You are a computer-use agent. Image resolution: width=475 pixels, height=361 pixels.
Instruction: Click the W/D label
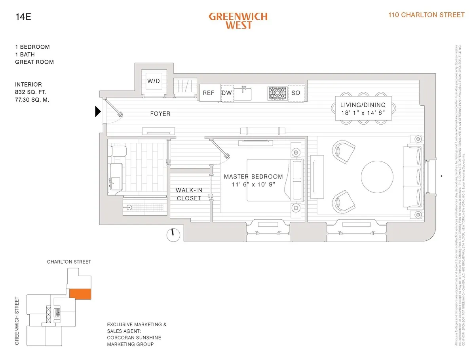154,81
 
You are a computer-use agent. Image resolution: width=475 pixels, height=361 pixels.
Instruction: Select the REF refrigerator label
209,93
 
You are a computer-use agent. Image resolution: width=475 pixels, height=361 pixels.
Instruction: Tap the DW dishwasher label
227,93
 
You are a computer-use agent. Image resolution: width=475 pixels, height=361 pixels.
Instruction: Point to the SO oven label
296,93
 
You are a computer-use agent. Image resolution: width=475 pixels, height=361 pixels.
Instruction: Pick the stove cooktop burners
277,93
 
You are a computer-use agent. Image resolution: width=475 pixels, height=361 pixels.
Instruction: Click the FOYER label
160,114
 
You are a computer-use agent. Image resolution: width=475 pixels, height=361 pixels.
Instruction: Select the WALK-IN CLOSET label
189,194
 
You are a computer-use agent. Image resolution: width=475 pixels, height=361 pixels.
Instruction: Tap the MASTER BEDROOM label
253,177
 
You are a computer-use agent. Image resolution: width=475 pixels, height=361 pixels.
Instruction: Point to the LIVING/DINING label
363,105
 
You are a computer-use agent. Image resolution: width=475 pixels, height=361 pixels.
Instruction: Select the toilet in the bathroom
118,151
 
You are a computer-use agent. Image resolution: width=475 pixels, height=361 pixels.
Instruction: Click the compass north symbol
172,235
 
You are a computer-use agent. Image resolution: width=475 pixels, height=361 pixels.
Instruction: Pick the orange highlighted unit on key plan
80,294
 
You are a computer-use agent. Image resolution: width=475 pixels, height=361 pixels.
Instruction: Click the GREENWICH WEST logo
238,21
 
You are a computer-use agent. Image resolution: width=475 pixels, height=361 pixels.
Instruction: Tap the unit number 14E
23,17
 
